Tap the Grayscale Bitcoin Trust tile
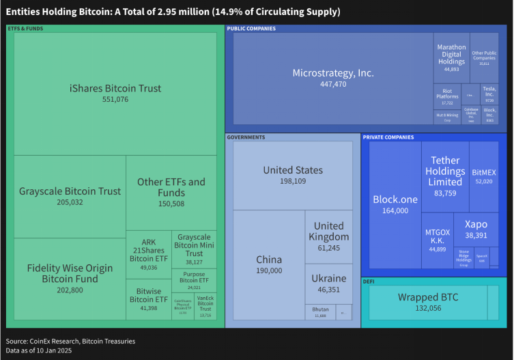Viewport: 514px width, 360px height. pos(70,196)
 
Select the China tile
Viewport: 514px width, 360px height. pos(269,265)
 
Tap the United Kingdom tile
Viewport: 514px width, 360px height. pos(328,236)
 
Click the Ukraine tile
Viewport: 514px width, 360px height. pos(328,283)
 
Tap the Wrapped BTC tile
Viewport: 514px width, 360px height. pos(428,302)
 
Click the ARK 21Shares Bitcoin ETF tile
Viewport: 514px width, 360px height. pos(148,254)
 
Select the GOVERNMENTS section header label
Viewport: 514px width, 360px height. pos(246,137)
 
